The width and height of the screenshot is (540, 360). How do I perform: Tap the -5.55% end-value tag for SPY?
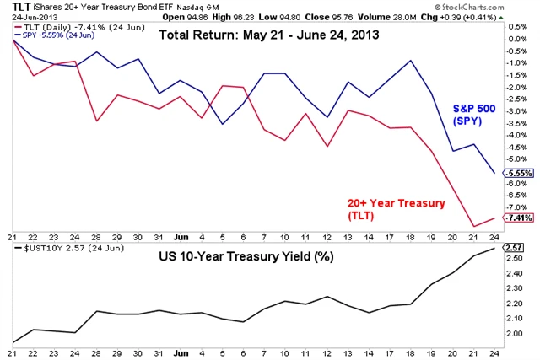(516, 173)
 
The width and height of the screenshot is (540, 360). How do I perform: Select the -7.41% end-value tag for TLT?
(516, 218)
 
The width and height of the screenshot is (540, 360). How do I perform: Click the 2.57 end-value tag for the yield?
(514, 248)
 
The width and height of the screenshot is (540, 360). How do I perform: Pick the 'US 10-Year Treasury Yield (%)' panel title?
(246, 256)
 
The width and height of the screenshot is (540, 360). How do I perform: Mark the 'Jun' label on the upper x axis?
(180, 236)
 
